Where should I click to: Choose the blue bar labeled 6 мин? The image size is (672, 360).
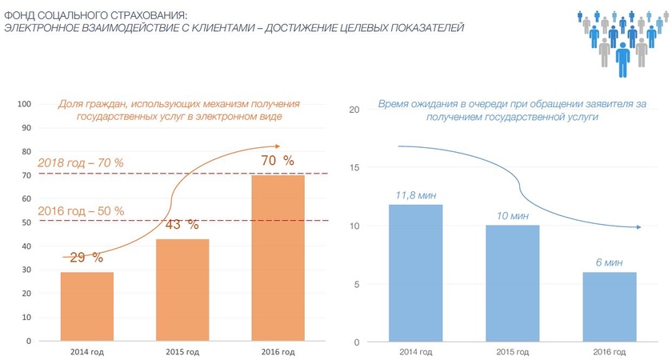(x=609, y=307)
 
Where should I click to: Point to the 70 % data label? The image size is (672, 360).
(x=278, y=161)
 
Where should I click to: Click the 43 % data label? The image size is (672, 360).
(x=182, y=225)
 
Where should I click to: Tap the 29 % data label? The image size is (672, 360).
(x=86, y=258)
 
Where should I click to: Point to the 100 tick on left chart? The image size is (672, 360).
(x=24, y=104)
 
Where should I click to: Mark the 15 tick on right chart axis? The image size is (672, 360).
(x=356, y=167)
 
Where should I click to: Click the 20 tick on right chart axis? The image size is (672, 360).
(x=356, y=110)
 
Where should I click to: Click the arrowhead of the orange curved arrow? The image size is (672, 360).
(x=277, y=146)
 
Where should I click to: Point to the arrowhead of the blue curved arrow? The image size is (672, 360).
(x=638, y=227)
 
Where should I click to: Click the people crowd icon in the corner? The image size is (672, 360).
(x=621, y=42)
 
